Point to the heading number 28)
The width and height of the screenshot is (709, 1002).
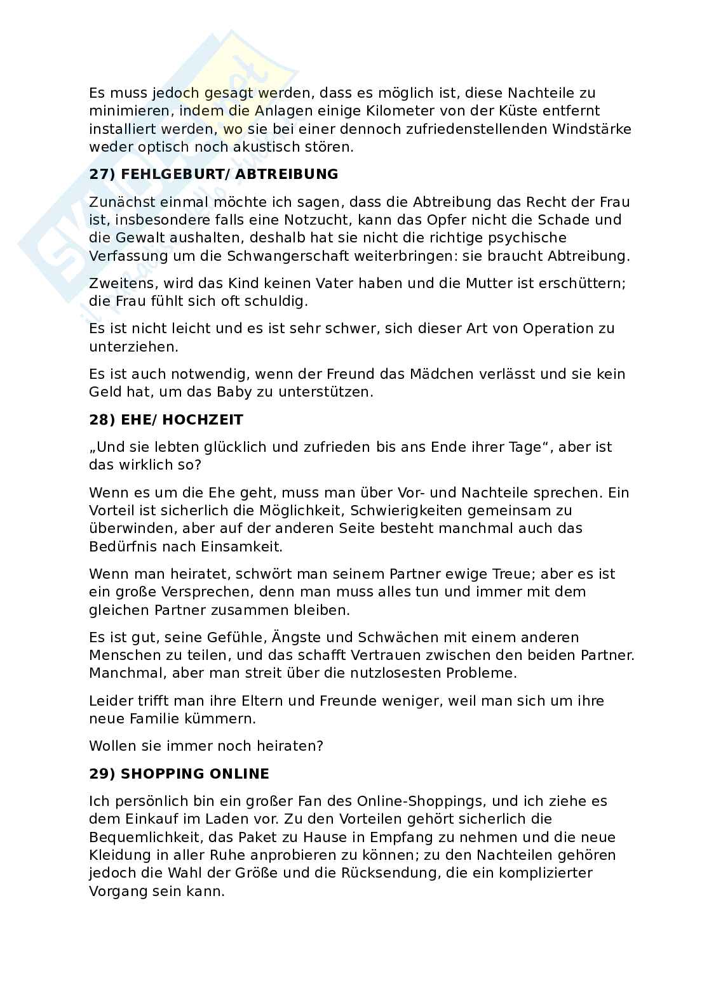[x=102, y=419]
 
